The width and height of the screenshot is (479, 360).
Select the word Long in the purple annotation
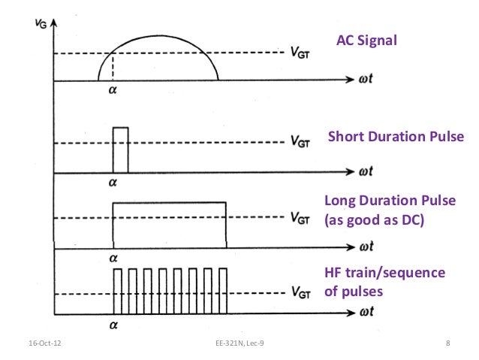pos(339,201)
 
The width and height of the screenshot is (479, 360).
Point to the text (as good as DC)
pos(373,222)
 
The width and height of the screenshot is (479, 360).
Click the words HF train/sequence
pos(384,272)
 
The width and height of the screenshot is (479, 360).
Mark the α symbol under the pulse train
pos(114,325)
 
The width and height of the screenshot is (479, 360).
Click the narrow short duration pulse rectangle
pos(120,150)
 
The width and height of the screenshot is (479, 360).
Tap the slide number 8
pos(447,344)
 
